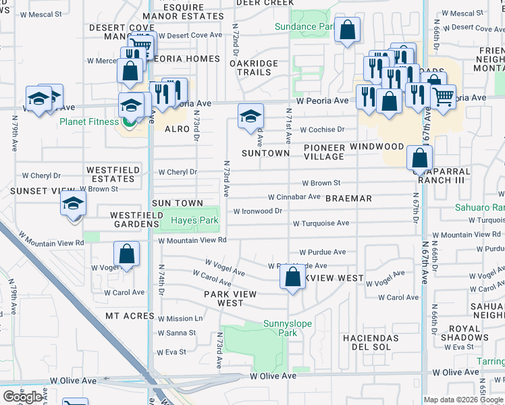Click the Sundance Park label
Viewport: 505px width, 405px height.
coord(305,26)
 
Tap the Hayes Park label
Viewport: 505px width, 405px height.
coord(194,220)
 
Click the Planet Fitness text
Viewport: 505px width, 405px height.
coord(89,122)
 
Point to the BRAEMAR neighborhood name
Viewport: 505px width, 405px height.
coord(348,198)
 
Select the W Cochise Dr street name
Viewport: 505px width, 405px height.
coord(322,129)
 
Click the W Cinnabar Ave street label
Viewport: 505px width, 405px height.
coord(294,197)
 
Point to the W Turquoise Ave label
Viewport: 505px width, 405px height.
coord(321,223)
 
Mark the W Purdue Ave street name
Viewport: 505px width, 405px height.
coord(323,252)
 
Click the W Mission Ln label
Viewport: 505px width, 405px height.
coord(180,319)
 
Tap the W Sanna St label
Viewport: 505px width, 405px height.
coord(177,333)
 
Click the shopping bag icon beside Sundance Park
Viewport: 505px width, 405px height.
coord(347,30)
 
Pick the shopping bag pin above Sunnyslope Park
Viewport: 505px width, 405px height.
coord(292,277)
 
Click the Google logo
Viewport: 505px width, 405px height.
coord(22,397)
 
